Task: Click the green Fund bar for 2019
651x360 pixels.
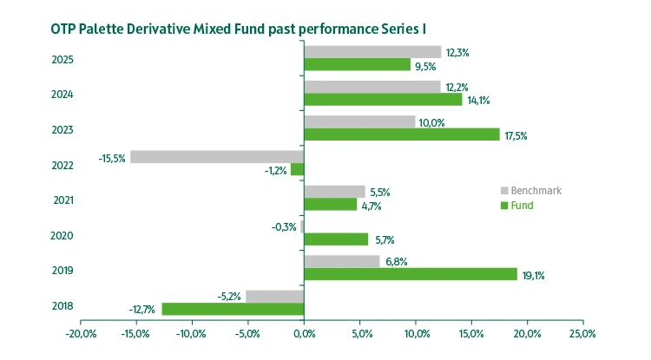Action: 410,274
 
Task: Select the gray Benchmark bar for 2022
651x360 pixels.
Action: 217,157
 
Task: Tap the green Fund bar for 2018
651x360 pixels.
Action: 233,309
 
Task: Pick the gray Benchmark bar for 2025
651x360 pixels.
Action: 372,52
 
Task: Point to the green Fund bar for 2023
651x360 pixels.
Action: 401,134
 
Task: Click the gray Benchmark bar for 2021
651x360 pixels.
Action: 334,192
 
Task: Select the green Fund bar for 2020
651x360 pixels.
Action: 335,239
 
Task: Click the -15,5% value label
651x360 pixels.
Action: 112,158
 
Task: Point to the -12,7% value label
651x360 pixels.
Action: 143,310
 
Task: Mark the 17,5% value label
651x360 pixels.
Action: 516,135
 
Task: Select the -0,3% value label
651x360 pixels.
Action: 284,227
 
